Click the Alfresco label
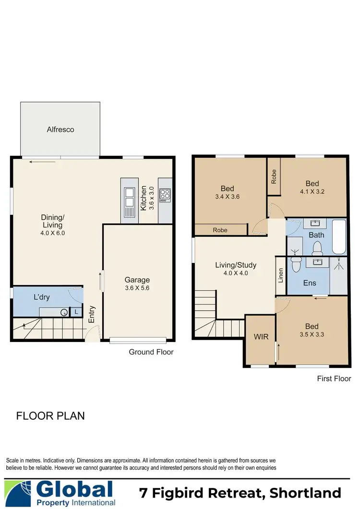(60, 129)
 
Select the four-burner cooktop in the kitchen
(165, 194)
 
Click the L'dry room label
(42, 297)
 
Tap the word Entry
(92, 315)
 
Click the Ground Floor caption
(151, 352)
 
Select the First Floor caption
(334, 379)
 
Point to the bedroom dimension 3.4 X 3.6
(228, 197)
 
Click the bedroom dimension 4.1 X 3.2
(312, 192)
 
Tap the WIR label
(261, 337)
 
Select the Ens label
(310, 283)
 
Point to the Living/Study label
(235, 265)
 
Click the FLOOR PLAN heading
(50, 415)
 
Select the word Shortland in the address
(305, 493)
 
